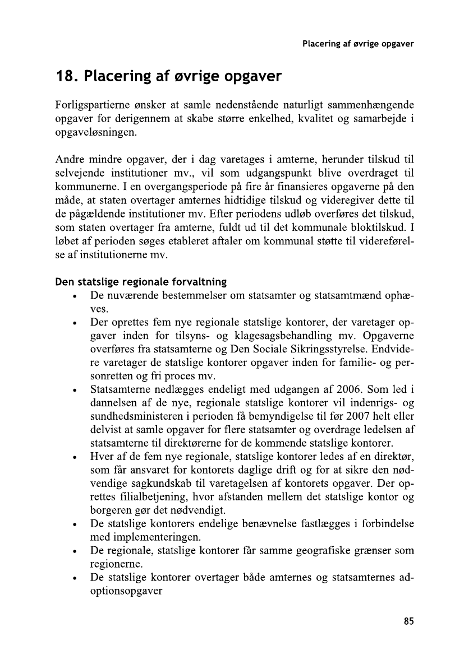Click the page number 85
tap(408, 621)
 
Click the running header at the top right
tap(357, 44)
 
